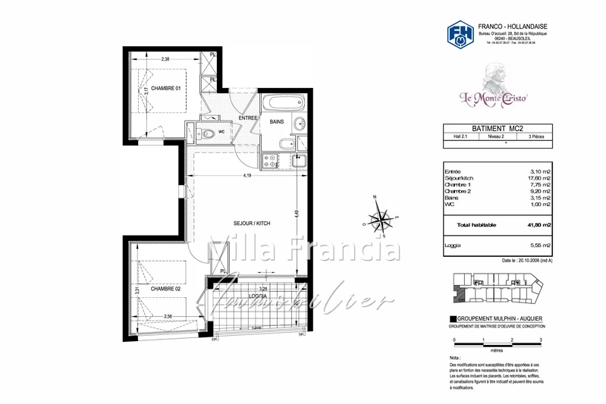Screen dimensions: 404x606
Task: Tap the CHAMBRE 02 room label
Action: (165, 289)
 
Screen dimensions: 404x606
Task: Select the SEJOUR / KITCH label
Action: (252, 224)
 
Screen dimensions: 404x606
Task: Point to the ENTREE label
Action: (249, 118)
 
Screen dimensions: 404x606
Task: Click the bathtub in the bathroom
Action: (284, 102)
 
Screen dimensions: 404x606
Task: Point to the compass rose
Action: (379, 219)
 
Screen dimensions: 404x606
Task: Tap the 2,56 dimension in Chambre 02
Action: (168, 316)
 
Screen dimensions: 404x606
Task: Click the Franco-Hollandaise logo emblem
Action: (460, 35)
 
